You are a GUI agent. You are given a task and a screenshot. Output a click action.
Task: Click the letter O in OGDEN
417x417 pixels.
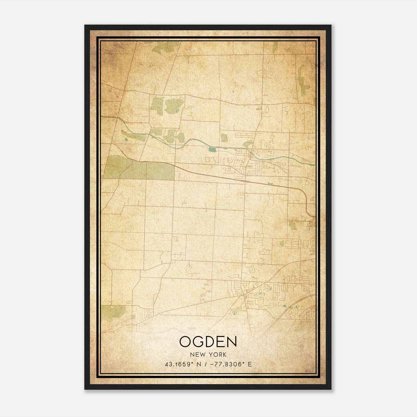click(186, 342)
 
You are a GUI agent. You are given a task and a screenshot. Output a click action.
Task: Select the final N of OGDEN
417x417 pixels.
click(232, 342)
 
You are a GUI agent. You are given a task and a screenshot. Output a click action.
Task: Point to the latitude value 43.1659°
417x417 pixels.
click(178, 364)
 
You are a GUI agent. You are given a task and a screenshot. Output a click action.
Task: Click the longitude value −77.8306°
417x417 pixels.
click(227, 364)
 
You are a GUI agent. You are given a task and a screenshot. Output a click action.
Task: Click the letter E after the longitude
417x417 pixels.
click(250, 364)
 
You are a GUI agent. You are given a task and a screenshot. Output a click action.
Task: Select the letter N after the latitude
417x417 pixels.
click(199, 364)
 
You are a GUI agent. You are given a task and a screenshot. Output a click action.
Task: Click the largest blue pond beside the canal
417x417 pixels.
click(212, 150)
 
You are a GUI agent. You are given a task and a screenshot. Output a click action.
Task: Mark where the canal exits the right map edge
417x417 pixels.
click(314, 165)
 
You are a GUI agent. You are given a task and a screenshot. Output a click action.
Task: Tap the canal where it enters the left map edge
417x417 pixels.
click(102, 117)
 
